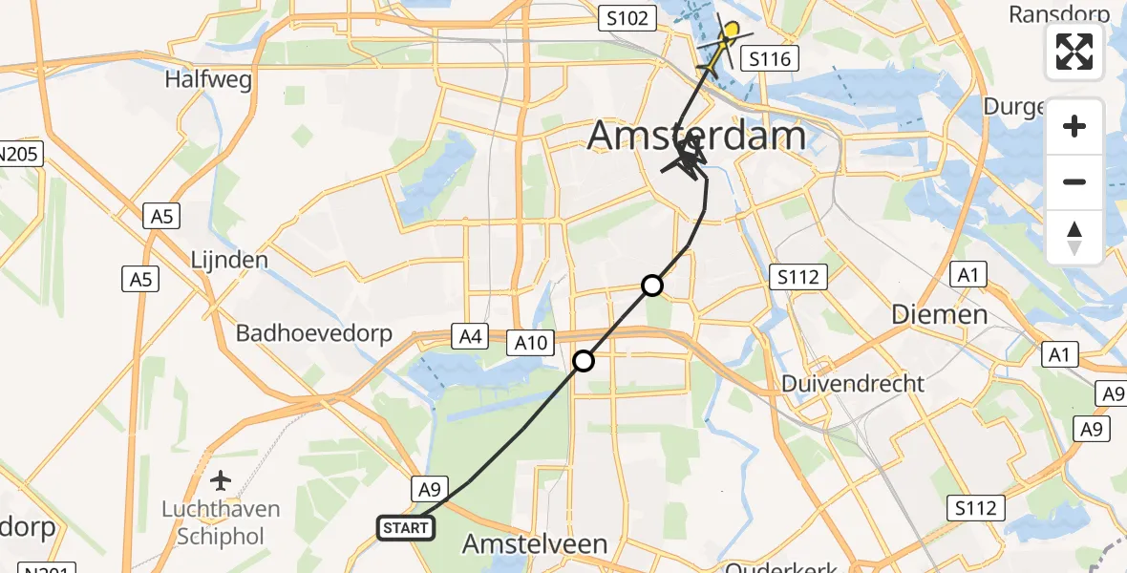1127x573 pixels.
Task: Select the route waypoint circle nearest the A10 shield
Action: [x=584, y=361]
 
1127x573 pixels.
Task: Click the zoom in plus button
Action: [x=1074, y=126]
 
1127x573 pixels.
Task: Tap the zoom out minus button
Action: [x=1074, y=181]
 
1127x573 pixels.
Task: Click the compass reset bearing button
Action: [x=1074, y=237]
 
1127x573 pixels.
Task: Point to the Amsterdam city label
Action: [x=696, y=135]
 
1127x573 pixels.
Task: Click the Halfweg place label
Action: [x=208, y=79]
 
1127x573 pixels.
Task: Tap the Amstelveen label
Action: [x=535, y=544]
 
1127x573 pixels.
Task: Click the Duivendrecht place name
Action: [x=853, y=384]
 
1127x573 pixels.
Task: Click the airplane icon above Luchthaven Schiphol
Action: [x=222, y=478]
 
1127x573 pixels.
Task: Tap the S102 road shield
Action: [x=626, y=17]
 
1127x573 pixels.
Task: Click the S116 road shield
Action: [x=770, y=59]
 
